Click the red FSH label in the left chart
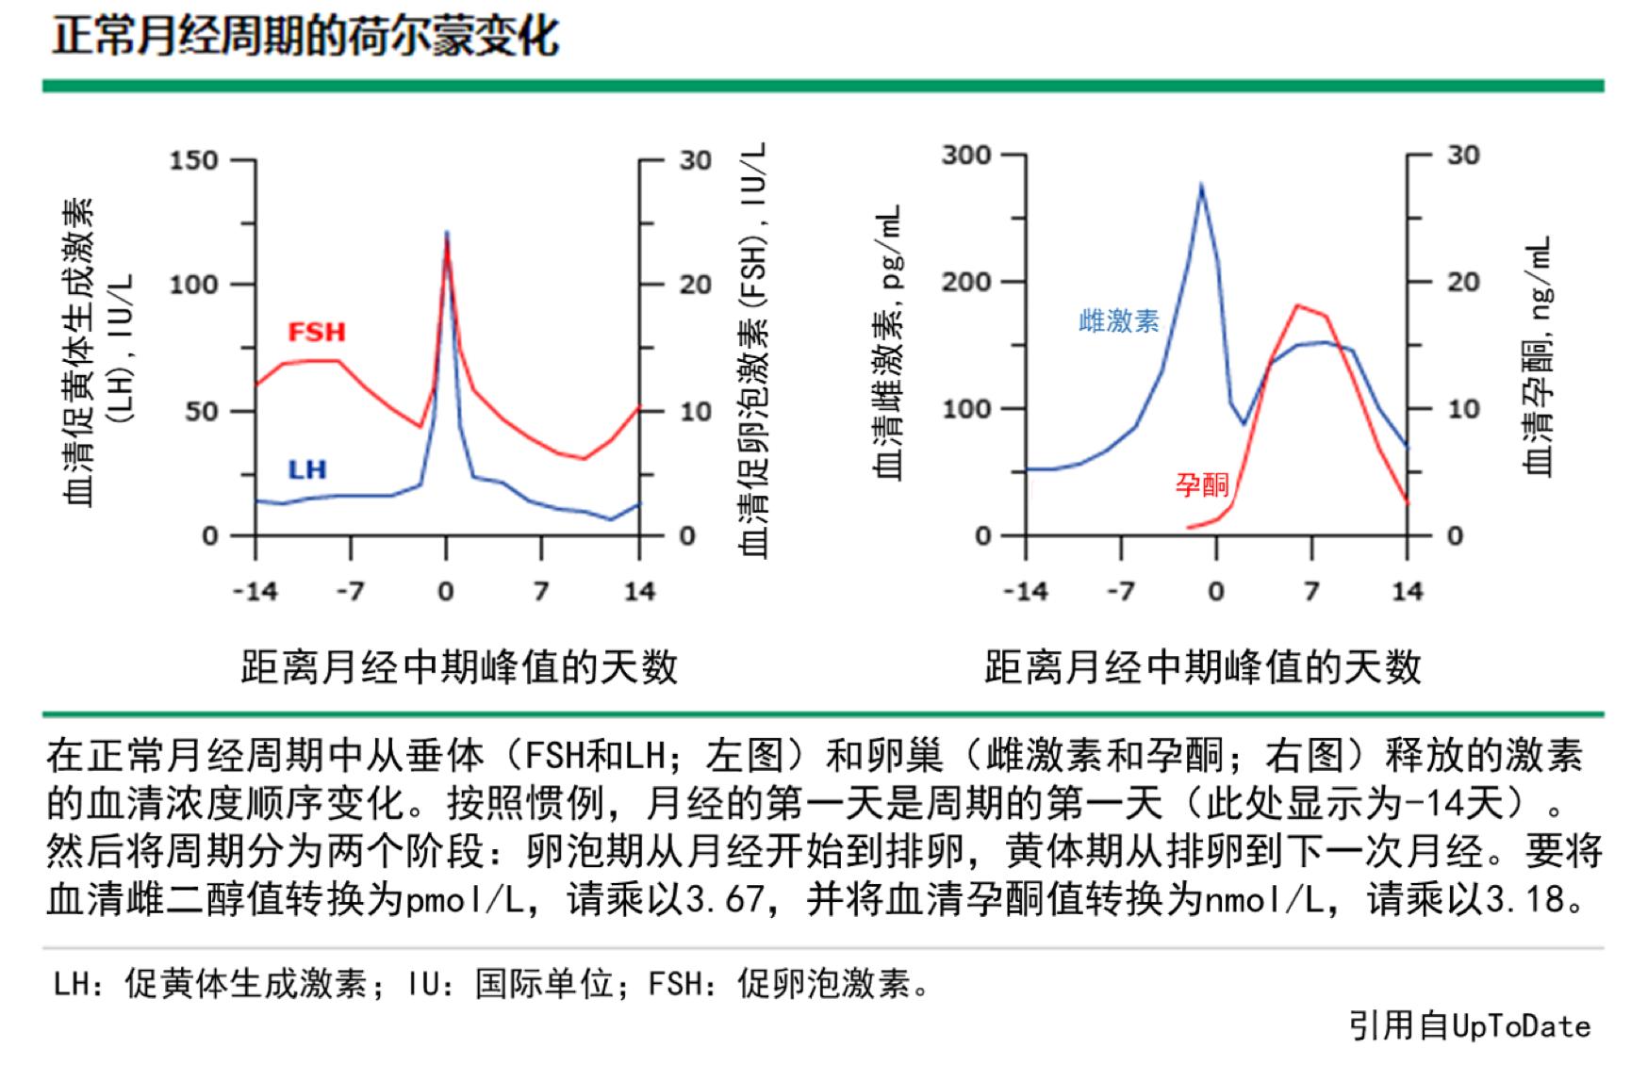pyautogui.click(x=317, y=332)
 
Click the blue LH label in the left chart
pyautogui.click(x=306, y=469)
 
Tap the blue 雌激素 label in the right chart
pyautogui.click(x=1119, y=321)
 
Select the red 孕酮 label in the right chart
pyautogui.click(x=1202, y=484)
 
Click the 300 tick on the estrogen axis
pyautogui.click(x=965, y=155)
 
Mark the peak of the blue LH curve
pyautogui.click(x=447, y=232)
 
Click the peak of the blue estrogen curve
pyautogui.click(x=1201, y=185)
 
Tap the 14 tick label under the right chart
pyautogui.click(x=1407, y=592)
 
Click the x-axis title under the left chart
pyautogui.click(x=459, y=667)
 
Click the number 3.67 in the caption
pyautogui.click(x=723, y=899)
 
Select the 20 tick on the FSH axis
pyautogui.click(x=695, y=285)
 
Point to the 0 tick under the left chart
pyautogui.click(x=446, y=592)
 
